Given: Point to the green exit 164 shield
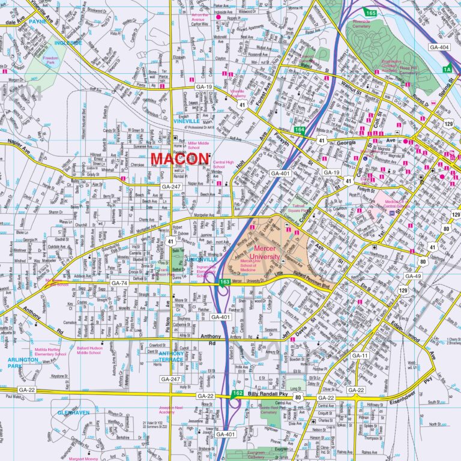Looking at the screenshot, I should [299, 129].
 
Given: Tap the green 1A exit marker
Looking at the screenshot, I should [447, 69].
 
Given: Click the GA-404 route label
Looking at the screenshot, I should [439, 47].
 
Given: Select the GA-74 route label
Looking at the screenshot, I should [119, 283].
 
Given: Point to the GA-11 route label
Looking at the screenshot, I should [360, 356].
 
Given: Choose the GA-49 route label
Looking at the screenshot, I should [413, 276].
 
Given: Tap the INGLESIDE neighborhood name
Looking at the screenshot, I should [68, 43].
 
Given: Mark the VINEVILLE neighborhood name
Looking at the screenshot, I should [185, 121].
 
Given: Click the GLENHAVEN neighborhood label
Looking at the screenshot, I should [73, 413].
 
